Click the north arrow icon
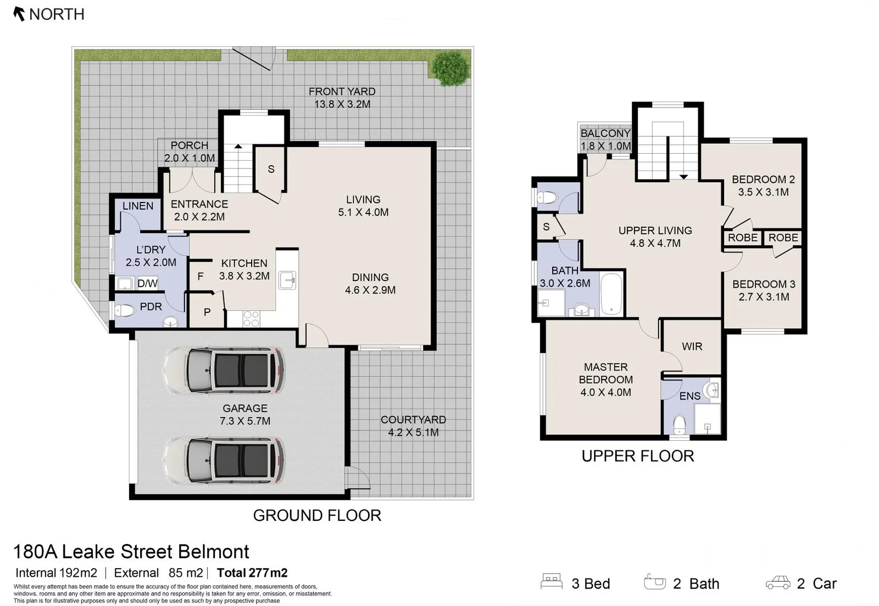[x=19, y=14]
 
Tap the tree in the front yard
[x=450, y=68]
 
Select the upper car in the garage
[x=224, y=370]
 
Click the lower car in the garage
[x=224, y=461]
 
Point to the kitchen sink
[x=287, y=280]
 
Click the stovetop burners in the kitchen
[x=251, y=319]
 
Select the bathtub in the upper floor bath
[x=611, y=293]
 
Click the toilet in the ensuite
[x=679, y=424]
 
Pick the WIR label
[x=692, y=346]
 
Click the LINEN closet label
[x=138, y=206]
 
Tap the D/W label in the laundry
[x=148, y=283]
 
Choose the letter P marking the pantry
[x=207, y=312]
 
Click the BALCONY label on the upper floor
[x=605, y=133]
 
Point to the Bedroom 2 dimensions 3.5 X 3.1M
[x=763, y=192]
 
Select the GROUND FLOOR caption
[x=317, y=515]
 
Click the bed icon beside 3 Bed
[x=552, y=581]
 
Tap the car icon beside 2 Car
[x=778, y=582]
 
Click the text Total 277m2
[x=252, y=573]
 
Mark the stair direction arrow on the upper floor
[x=683, y=177]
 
